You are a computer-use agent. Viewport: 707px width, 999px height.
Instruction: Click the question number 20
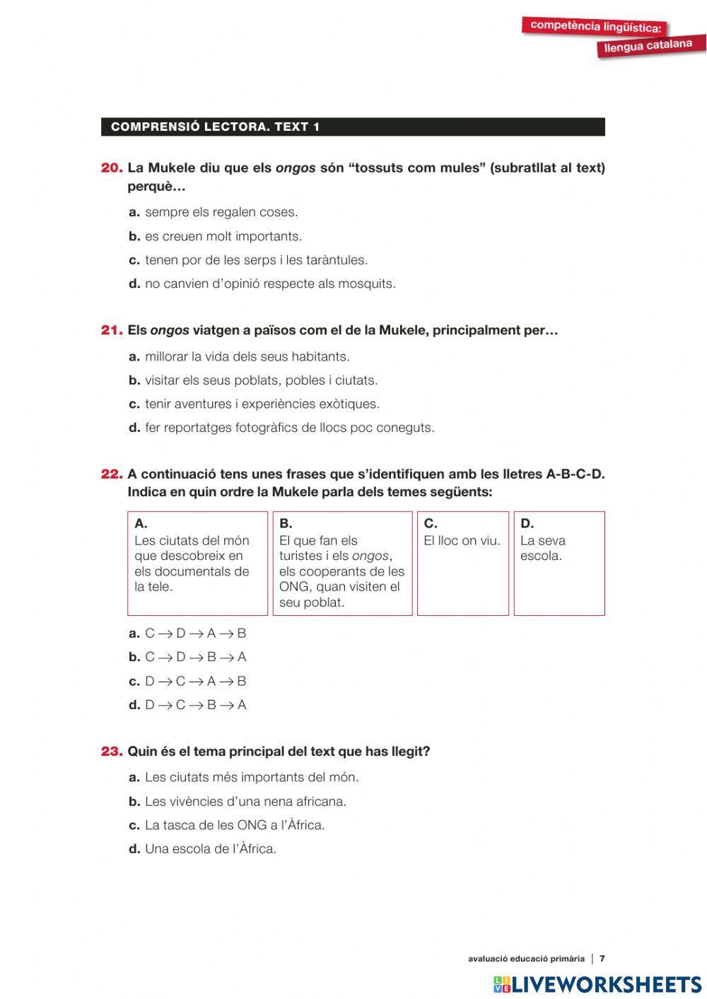tap(112, 168)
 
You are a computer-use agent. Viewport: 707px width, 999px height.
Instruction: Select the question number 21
tap(112, 330)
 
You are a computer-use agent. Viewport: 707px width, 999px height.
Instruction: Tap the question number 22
tap(112, 474)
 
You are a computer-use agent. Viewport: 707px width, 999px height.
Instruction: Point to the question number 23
tap(112, 752)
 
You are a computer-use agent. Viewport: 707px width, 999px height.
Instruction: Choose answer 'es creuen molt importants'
tap(223, 236)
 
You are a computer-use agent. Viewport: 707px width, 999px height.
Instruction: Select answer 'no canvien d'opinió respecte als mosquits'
tap(270, 284)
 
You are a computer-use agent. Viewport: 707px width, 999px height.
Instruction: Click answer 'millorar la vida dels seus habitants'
tap(247, 356)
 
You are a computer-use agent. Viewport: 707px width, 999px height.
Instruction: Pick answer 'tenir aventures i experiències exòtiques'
tap(262, 404)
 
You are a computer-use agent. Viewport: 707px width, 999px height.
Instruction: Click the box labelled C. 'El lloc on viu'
tap(462, 563)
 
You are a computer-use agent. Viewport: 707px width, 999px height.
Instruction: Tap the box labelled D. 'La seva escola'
tap(559, 563)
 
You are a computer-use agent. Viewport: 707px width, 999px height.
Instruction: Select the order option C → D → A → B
tap(195, 633)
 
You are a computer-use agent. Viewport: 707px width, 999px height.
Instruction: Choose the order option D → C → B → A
tap(195, 705)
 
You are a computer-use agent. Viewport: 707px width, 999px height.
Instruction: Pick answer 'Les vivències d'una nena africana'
tap(245, 801)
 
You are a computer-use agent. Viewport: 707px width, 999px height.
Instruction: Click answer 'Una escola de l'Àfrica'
tap(210, 848)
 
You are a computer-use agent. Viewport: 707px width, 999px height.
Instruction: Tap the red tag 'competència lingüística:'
tap(595, 27)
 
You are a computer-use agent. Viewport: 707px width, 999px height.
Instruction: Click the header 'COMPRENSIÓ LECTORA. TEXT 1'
tap(216, 127)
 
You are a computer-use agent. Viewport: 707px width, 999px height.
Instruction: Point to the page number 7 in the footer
tap(602, 959)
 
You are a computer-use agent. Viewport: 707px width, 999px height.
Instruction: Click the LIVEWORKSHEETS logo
tap(597, 984)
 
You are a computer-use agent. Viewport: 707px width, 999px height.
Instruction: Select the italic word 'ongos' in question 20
tap(295, 168)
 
